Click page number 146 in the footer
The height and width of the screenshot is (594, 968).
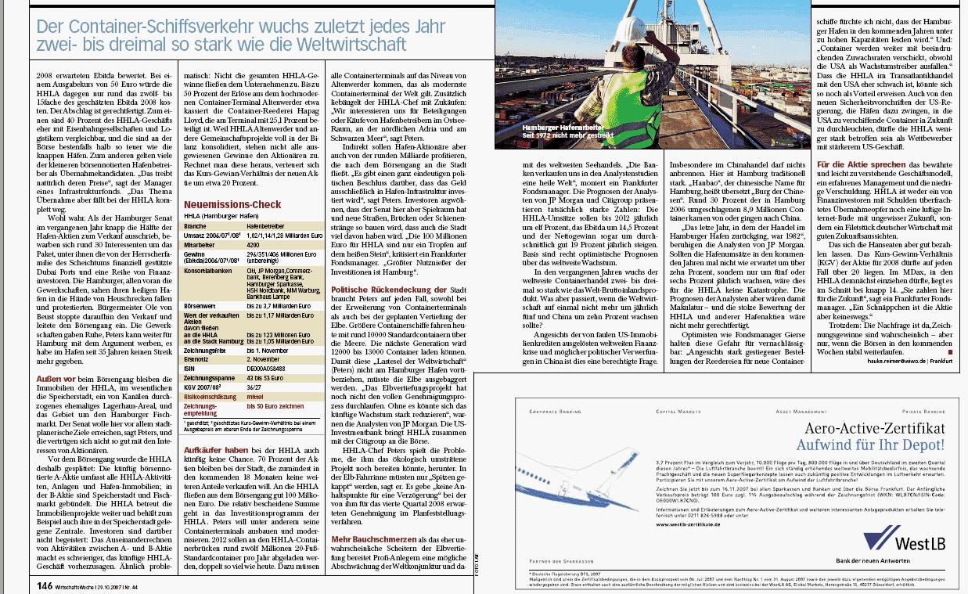tap(44, 584)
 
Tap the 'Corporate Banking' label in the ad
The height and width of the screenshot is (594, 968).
tap(556, 410)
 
